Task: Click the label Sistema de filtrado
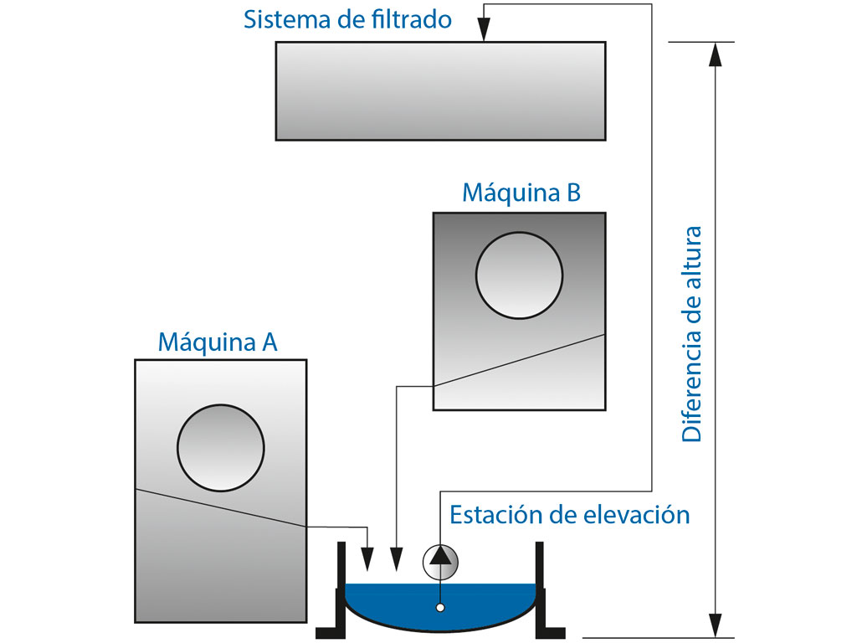click(347, 19)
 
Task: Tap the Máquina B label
click(521, 193)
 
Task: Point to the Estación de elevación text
click(569, 514)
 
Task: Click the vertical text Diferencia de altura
click(692, 333)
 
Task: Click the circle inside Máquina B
click(519, 275)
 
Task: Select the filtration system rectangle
click(440, 90)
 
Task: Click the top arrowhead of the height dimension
click(715, 54)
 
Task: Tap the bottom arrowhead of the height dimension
click(715, 625)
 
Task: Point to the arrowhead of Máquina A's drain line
click(367, 557)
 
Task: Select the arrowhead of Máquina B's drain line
click(397, 557)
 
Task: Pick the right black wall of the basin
click(541, 586)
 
